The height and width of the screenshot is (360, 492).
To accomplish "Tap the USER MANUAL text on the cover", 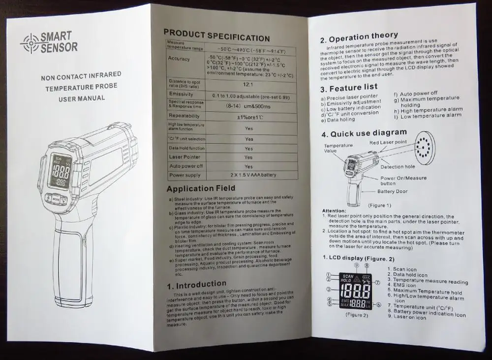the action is [82, 98].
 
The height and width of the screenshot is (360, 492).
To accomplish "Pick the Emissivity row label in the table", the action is [181, 94].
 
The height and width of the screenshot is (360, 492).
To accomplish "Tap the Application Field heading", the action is [201, 188].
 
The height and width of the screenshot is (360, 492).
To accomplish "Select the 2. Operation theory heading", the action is [359, 37].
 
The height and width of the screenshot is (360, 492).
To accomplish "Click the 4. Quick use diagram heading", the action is [364, 133].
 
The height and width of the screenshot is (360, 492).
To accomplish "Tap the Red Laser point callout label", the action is [389, 141].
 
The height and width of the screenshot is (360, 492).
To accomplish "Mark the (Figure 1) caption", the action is [379, 204].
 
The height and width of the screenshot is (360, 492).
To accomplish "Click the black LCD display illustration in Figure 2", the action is [354, 291].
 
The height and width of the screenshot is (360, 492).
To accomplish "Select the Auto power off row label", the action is [186, 166].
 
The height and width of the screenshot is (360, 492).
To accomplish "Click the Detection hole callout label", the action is [398, 166].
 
